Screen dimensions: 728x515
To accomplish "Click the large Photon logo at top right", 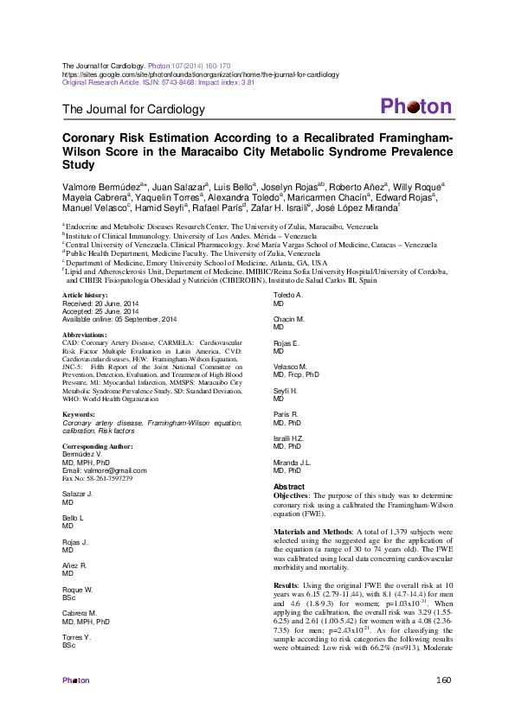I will (415, 107).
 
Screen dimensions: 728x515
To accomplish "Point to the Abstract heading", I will (288, 488).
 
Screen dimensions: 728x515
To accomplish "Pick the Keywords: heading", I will (80, 415).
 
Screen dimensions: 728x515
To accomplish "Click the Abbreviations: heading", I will (87, 334).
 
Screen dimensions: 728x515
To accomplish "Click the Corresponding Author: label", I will (98, 446).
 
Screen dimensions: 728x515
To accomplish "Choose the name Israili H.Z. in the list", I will (288, 439).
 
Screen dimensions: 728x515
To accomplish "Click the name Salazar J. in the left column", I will (78, 494).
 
